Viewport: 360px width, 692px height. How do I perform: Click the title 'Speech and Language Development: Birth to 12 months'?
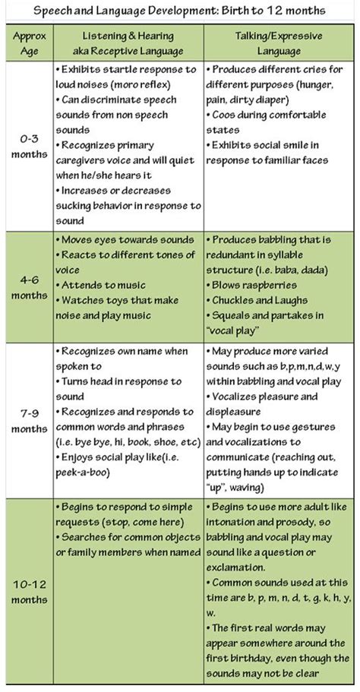[179, 11]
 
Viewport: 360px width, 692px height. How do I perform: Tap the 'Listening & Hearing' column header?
[127, 35]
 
